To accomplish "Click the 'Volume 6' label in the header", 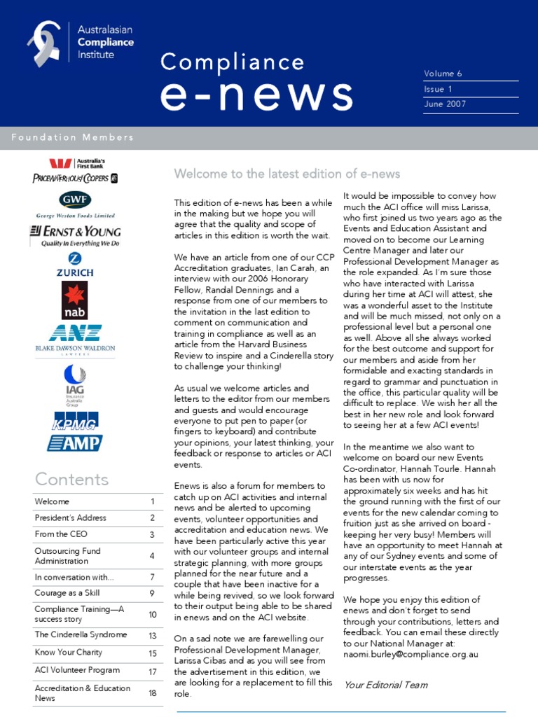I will (443, 74).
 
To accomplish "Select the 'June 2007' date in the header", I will (445, 104).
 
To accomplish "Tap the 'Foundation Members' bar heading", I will (73, 137).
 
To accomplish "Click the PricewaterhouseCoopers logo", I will (75, 178).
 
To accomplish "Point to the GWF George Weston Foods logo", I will (75, 200).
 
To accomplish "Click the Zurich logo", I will (75, 265).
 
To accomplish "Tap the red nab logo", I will (75, 300).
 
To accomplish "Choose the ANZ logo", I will (75, 333).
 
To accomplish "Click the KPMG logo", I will (75, 420).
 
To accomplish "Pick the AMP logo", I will (75, 443).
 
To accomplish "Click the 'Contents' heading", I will (72, 480).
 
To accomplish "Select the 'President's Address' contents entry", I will (71, 518).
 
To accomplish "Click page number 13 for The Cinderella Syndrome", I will (152, 635).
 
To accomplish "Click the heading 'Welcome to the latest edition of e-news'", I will (287, 174).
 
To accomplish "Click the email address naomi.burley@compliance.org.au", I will (411, 654).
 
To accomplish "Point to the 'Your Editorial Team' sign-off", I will (385, 685).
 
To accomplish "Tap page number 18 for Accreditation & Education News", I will (152, 693).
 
